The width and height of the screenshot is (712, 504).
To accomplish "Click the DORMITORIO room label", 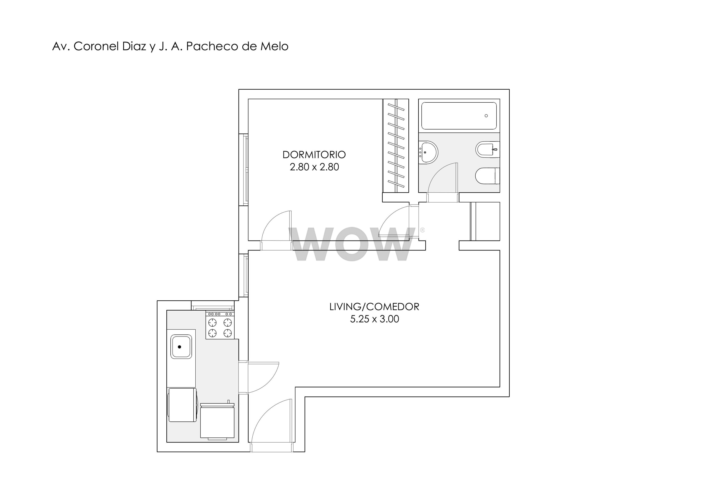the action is (314, 154).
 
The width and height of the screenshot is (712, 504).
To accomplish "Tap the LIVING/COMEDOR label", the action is (374, 307).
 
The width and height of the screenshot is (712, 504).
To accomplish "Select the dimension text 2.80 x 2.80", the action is (314, 167).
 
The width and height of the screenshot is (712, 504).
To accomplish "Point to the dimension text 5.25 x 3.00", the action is (374, 319).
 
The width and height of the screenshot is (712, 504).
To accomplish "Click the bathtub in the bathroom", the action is (459, 116).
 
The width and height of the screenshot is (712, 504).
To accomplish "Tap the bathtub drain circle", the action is (486, 116).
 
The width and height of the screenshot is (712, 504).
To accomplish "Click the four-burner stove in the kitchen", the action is (220, 325).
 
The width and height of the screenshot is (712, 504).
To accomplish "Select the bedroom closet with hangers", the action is (396, 146).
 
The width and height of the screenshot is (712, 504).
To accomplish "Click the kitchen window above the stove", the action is (213, 305).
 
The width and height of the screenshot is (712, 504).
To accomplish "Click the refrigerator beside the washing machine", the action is (217, 421).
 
